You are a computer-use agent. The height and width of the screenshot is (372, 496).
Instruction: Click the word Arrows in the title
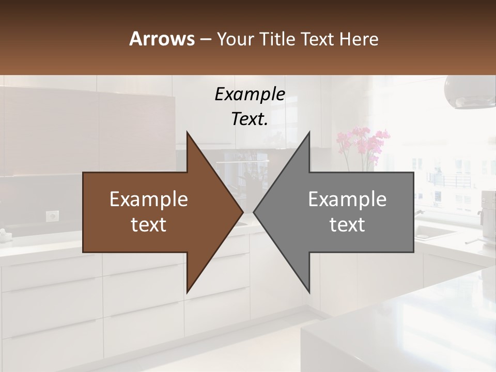tap(162, 39)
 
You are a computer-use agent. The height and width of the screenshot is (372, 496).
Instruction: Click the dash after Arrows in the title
tap(205, 40)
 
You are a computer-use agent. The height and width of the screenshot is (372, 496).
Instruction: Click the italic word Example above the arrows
tap(250, 95)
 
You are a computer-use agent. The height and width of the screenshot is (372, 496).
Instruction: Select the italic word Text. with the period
tap(250, 119)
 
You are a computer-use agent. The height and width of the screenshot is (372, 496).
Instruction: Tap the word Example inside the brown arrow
tap(149, 199)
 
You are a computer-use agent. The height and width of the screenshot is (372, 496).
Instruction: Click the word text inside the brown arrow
tap(149, 225)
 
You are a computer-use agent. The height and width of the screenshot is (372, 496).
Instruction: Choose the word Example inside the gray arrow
tap(347, 199)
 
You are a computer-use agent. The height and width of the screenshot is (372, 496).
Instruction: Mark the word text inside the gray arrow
tap(347, 225)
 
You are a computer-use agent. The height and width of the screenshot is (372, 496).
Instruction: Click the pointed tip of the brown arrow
tap(242, 212)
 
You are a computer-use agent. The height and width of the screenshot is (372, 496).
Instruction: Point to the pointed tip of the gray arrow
tap(254, 212)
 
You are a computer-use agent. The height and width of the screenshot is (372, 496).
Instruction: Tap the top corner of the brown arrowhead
tap(187, 133)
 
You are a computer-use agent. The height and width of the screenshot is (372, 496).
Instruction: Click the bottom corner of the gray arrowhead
tap(309, 292)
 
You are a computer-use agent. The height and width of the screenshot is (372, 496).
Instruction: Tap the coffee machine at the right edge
tap(488, 212)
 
